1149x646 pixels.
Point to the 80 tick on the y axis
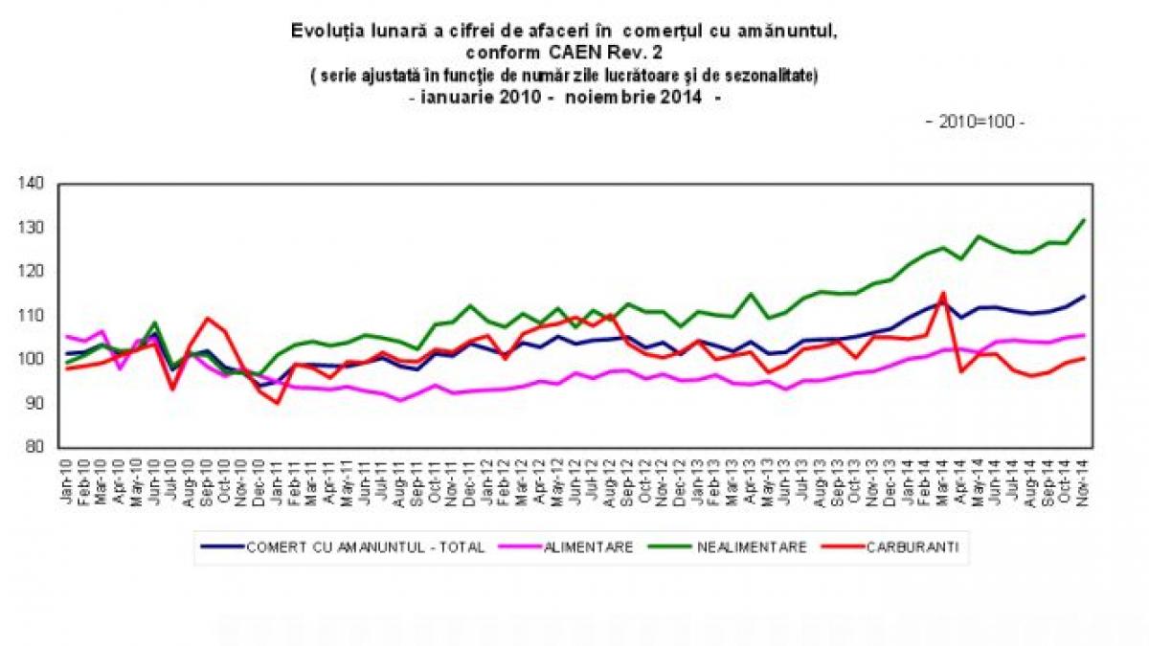(34, 447)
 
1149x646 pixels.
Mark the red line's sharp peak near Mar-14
(943, 294)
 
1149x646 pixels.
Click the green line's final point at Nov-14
(1083, 220)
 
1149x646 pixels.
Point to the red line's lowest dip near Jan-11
(278, 403)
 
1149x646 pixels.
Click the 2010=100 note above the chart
(975, 123)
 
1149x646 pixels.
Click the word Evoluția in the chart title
(326, 31)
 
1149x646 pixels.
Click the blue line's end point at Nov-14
(1083, 297)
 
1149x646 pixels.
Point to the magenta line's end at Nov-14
(1083, 335)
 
